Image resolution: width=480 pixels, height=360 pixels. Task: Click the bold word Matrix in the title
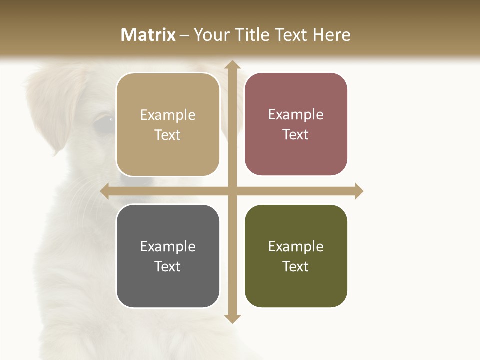point(148,35)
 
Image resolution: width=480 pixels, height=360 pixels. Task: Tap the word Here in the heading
point(331,35)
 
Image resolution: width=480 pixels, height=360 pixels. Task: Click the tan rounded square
point(168,124)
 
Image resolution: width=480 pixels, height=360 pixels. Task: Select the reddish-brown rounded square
point(296,124)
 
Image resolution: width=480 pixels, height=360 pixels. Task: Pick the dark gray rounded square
point(168,256)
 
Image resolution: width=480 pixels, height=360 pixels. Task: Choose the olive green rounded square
point(296,256)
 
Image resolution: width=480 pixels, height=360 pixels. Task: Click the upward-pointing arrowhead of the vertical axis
point(232,65)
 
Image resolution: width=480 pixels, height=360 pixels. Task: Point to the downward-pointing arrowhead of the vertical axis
point(232,318)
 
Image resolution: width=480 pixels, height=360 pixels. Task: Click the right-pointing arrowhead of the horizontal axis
point(359,191)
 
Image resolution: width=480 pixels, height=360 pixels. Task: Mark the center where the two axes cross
point(232,191)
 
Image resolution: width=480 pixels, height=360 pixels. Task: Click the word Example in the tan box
point(168,115)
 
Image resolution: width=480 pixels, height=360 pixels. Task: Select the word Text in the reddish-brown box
point(296,135)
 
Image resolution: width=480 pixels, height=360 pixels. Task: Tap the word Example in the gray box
point(168,247)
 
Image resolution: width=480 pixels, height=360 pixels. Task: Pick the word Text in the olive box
point(296,266)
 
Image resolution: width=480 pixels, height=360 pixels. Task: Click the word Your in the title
point(211,35)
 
